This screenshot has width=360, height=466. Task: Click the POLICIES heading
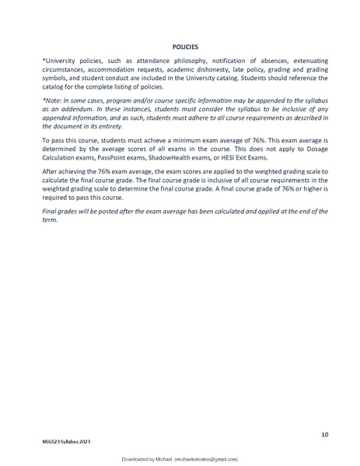pos(180,47)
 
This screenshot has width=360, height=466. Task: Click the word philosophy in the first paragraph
pos(183,61)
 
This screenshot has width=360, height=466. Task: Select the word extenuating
pos(306,61)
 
